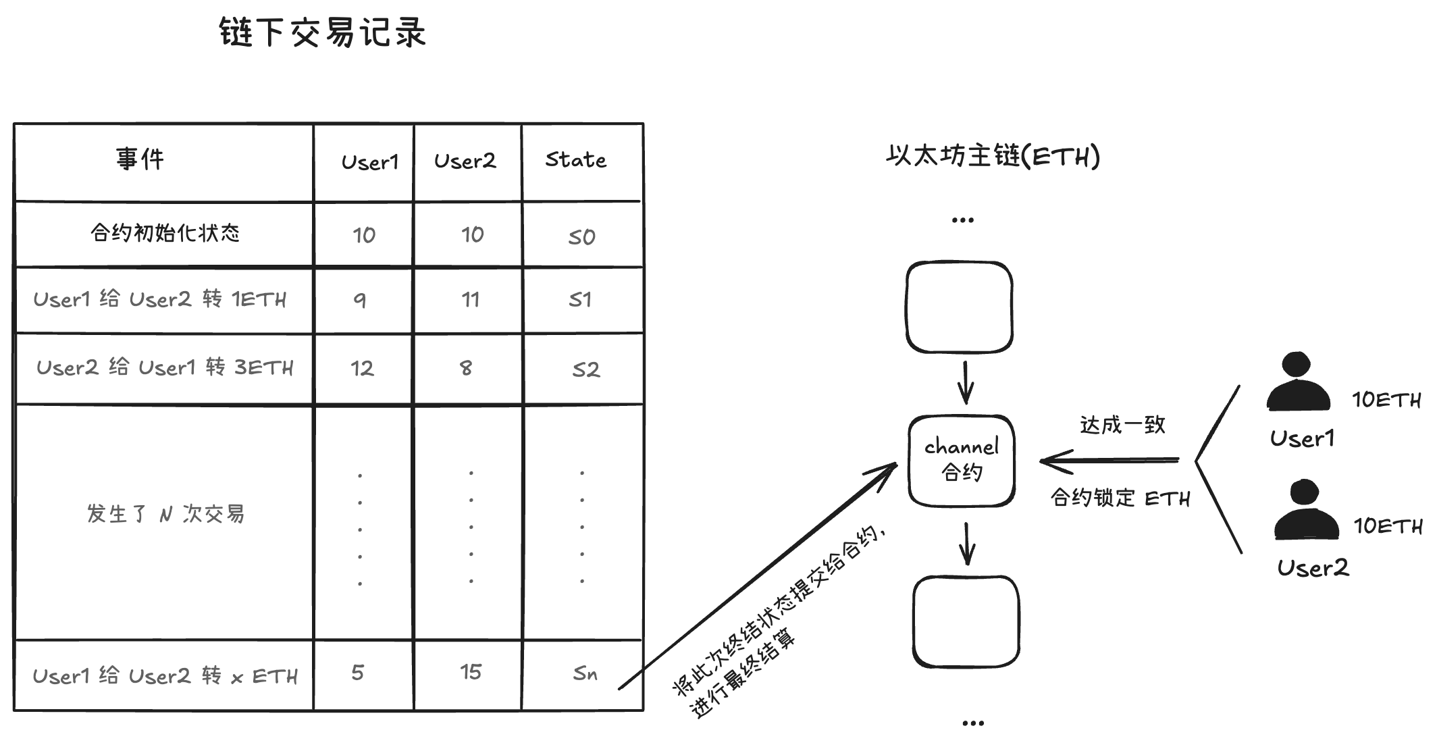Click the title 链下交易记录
tap(323, 32)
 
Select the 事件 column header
tap(140, 159)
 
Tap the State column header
tap(575, 160)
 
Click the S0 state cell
tap(581, 237)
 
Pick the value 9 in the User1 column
tap(360, 300)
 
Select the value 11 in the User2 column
tap(471, 300)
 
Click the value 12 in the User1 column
tap(362, 369)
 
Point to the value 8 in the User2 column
tap(466, 368)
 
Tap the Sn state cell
tap(585, 673)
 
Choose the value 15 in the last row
tap(471, 672)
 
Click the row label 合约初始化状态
tap(165, 234)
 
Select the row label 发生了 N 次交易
tap(165, 514)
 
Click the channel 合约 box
tap(962, 460)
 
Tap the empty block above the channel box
tap(959, 307)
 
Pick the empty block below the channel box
tap(966, 621)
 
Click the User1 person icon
tap(1298, 383)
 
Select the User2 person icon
tap(1306, 511)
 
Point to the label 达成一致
tap(1122, 425)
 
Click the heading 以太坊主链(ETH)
tap(993, 156)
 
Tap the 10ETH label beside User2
tap(1388, 526)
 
